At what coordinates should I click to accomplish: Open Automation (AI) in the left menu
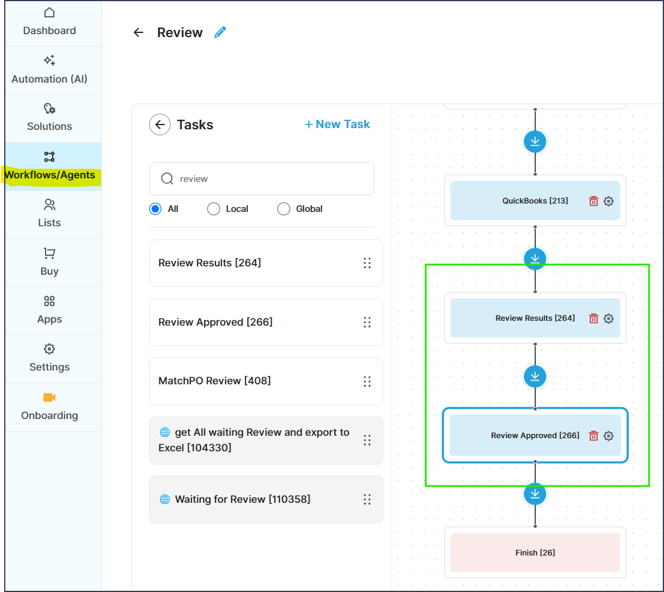click(x=49, y=70)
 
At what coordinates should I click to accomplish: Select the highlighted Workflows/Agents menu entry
click(x=49, y=166)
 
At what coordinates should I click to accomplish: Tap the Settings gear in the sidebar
click(x=49, y=350)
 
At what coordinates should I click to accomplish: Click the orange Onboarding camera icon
click(x=49, y=397)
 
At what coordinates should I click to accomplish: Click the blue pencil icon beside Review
click(x=220, y=32)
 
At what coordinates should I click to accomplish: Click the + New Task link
click(x=337, y=124)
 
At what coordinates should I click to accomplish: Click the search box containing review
click(x=262, y=179)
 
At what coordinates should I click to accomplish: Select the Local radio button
click(x=213, y=209)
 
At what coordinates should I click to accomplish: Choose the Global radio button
click(x=283, y=209)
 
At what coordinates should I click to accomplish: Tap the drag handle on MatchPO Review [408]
click(x=367, y=381)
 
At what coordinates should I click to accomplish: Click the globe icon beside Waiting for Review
click(x=165, y=499)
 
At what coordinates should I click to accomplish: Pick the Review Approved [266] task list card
click(x=266, y=322)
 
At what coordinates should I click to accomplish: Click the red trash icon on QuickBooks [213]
click(x=594, y=201)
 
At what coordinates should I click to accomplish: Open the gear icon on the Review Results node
click(x=608, y=318)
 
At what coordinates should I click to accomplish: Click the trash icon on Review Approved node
click(x=594, y=436)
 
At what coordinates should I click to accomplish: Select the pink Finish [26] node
click(x=535, y=552)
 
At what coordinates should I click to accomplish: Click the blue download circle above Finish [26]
click(x=535, y=494)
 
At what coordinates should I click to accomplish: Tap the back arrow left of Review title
click(x=138, y=32)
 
